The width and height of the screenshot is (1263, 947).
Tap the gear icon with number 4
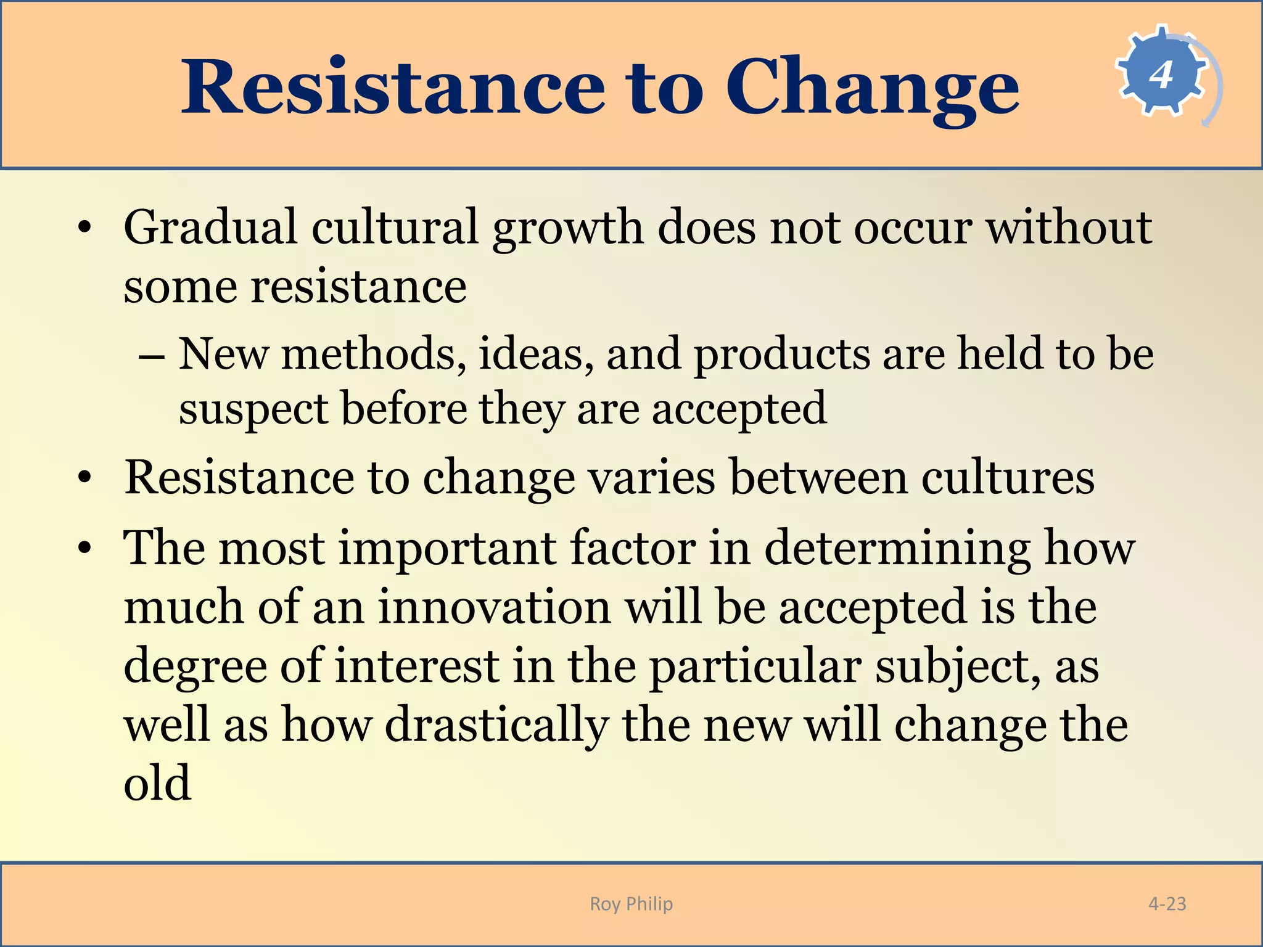1162,73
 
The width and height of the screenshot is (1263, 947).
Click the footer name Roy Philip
631,904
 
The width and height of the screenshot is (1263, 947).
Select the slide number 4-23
1167,904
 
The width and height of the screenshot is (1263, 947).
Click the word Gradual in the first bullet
210,227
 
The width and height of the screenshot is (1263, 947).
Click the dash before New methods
152,357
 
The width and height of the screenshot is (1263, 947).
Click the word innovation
494,607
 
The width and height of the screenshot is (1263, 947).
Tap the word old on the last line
157,783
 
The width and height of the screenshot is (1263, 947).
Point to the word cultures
1008,478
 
